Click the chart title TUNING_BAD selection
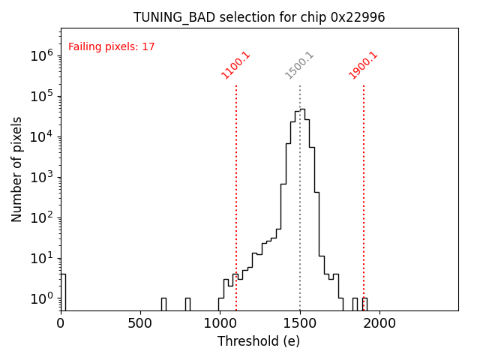(x=259, y=17)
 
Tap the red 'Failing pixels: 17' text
(x=112, y=46)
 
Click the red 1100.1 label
(x=235, y=65)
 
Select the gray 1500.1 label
(x=299, y=65)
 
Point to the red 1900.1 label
(x=363, y=65)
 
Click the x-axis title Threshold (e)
(x=259, y=341)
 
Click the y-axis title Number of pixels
(x=17, y=169)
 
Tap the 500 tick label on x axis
(x=140, y=323)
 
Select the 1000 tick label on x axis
(x=220, y=323)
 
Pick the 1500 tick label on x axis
(x=299, y=323)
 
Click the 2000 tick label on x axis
(x=379, y=323)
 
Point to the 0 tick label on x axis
(x=61, y=323)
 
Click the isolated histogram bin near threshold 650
(x=163, y=304)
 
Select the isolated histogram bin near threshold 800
(x=187, y=304)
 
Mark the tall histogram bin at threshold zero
(x=63, y=292)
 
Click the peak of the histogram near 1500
(x=302, y=109)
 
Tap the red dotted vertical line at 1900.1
(x=364, y=187)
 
